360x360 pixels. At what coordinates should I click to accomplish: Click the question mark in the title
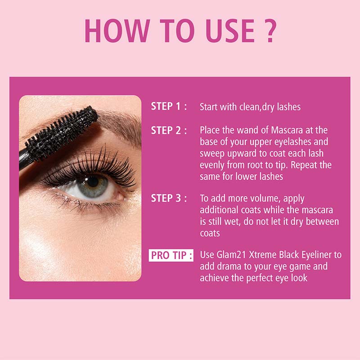tap(268, 31)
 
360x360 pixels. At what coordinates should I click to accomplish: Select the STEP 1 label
tap(169, 107)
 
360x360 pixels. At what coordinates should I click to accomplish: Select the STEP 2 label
tap(169, 130)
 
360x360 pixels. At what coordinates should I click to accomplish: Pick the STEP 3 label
tap(169, 198)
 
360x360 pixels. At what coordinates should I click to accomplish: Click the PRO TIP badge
tap(171, 256)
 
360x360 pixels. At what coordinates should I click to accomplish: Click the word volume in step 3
tap(253, 198)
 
